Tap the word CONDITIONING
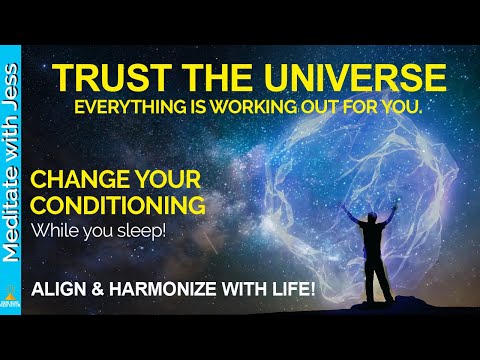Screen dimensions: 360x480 [x=118, y=206]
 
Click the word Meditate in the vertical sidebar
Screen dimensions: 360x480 [x=13, y=223]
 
